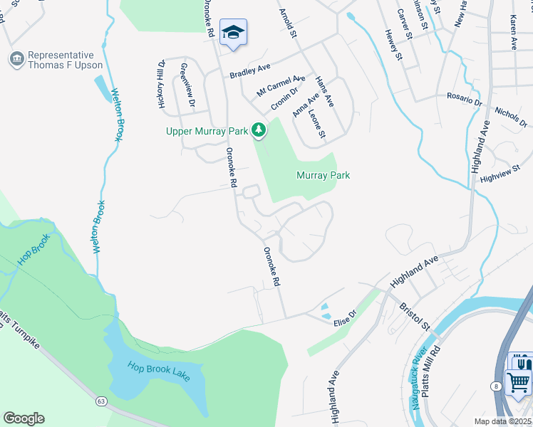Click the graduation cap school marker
point(233,33)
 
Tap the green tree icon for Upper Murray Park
point(259,130)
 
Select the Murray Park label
point(323,175)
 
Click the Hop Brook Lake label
point(159,371)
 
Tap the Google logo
point(24,418)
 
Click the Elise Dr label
point(344,318)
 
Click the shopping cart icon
point(518,383)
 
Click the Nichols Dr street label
point(510,117)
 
